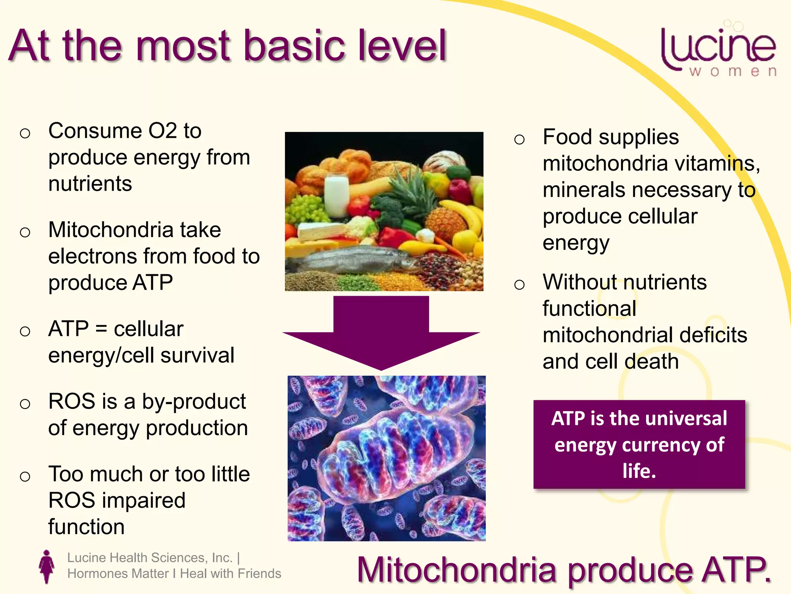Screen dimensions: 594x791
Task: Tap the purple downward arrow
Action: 381,333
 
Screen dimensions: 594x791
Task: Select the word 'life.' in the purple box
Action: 639,471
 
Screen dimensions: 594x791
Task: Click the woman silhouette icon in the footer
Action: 47,566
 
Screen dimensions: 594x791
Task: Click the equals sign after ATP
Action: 101,329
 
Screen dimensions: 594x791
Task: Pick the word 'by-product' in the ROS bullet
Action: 194,401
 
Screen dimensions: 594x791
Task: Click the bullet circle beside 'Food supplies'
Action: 519,139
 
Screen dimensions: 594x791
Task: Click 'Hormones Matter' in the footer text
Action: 118,574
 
